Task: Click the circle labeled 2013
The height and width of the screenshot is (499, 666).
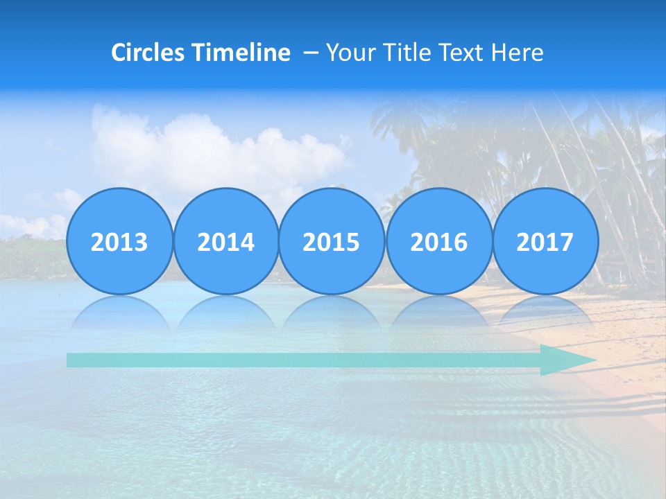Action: [119, 241]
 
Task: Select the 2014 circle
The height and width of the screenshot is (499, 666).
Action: [225, 241]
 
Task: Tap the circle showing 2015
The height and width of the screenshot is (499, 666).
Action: [332, 241]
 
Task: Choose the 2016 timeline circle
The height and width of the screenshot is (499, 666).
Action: [438, 241]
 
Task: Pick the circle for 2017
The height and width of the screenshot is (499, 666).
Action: [545, 241]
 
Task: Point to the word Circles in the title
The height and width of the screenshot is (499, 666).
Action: [148, 53]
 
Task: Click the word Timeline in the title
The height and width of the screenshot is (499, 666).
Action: [241, 53]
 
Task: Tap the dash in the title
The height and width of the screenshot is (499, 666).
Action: [311, 53]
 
